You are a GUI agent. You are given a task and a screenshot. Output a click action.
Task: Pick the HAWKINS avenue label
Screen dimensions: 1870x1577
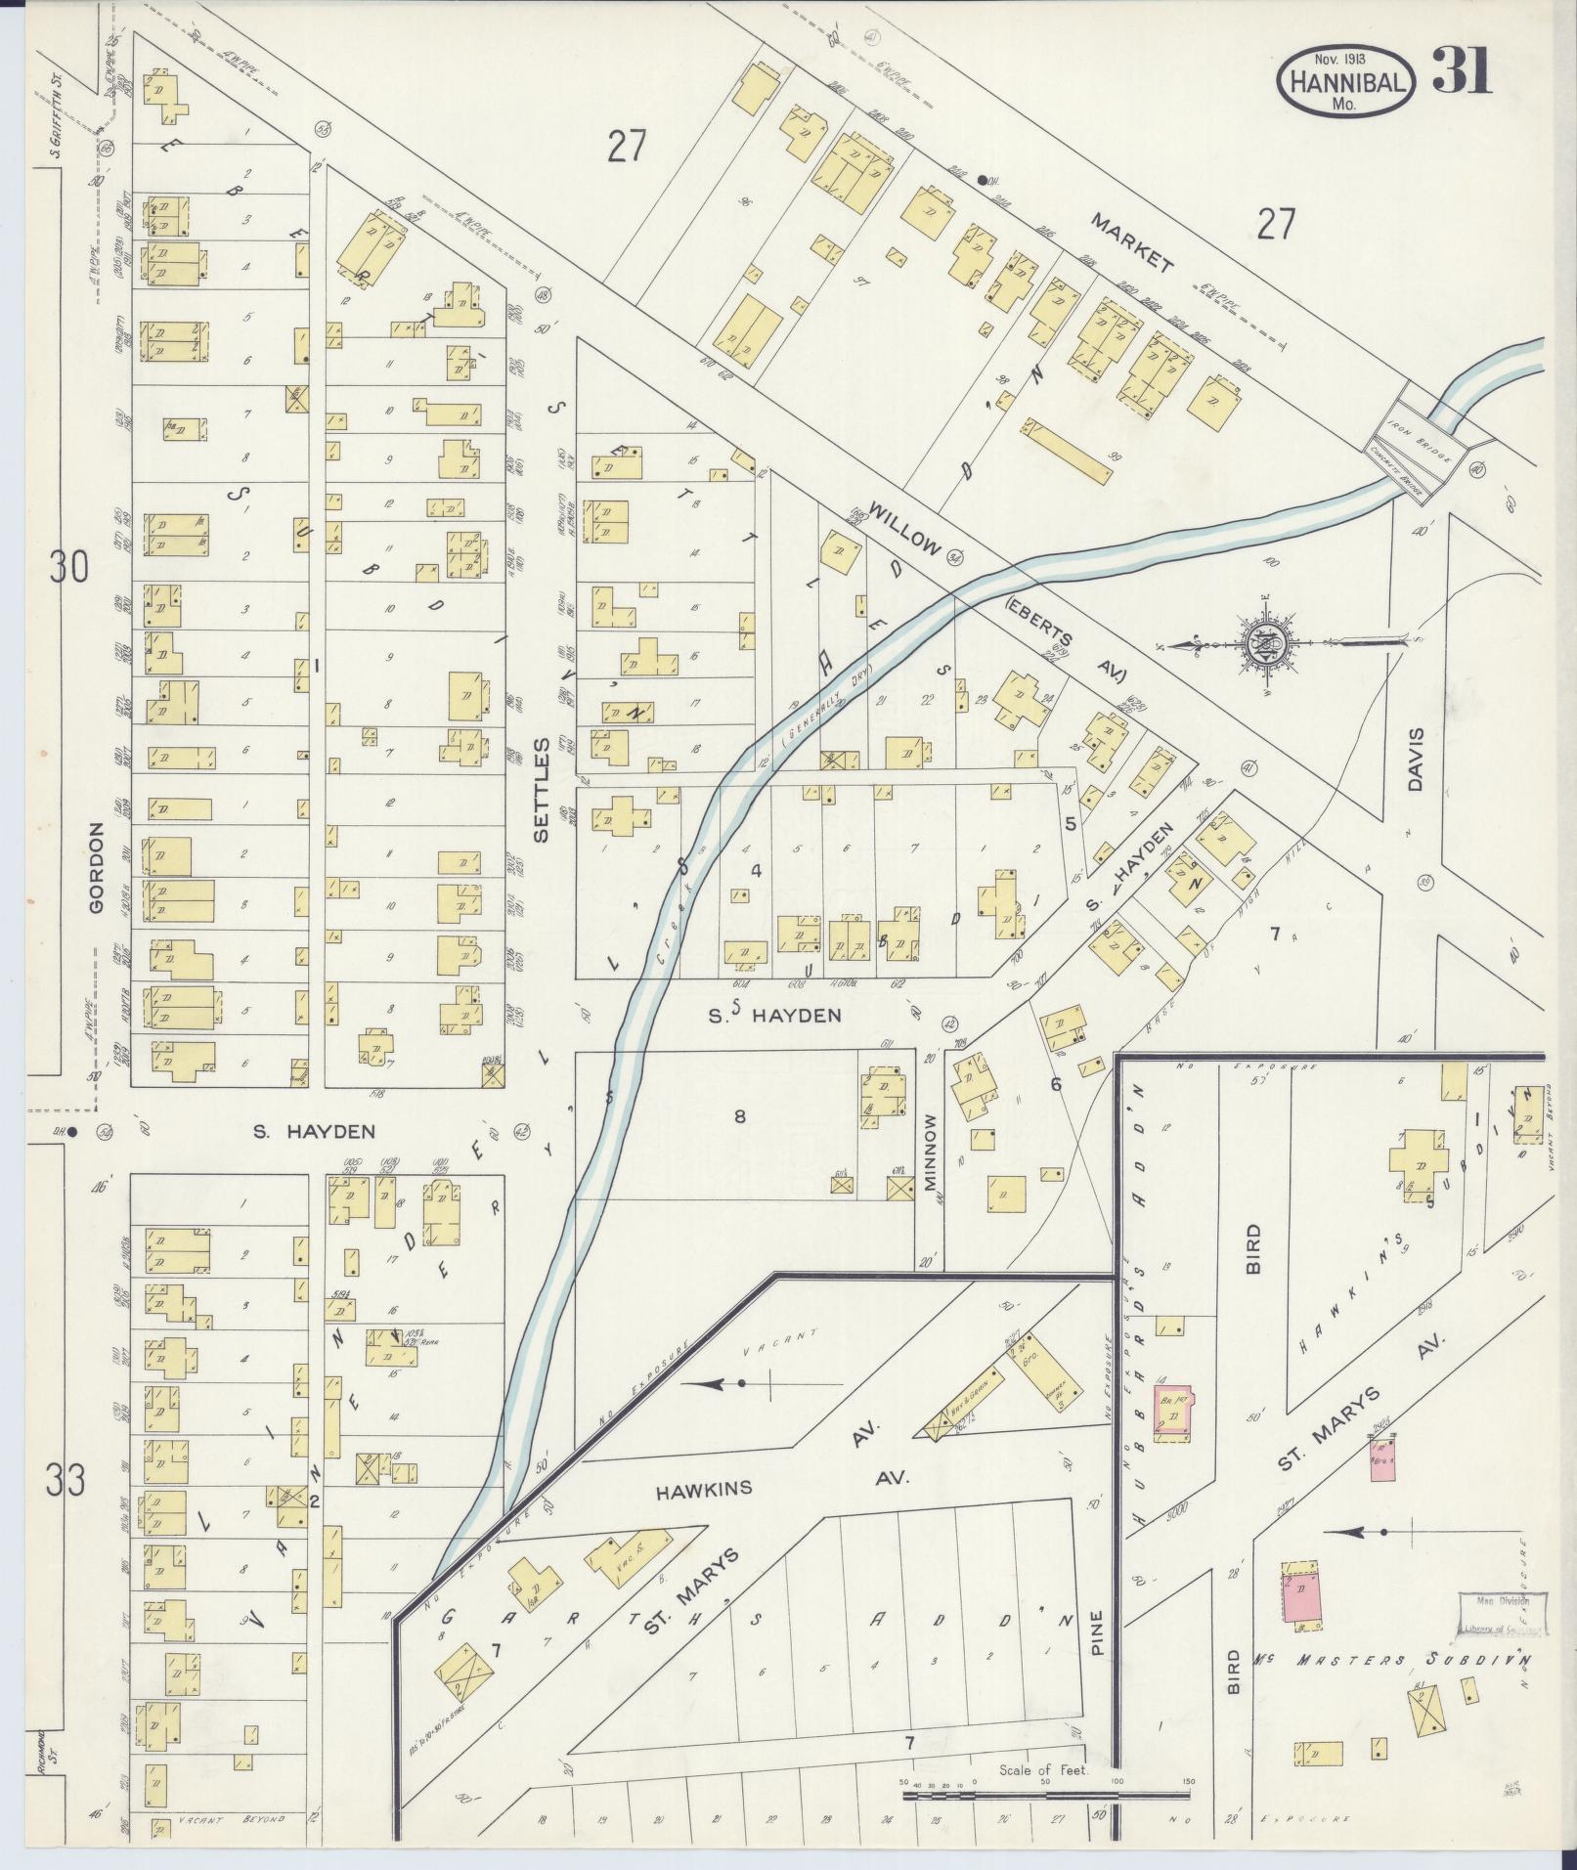coord(704,1516)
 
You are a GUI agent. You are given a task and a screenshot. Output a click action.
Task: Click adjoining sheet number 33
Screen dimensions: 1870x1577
coord(65,1481)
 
